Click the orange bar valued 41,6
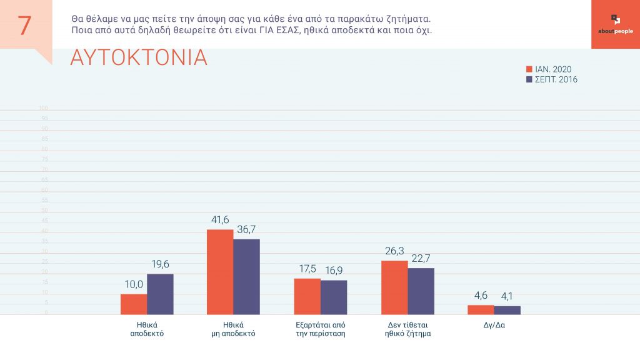pyautogui.click(x=220, y=272)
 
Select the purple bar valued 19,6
pyautogui.click(x=160, y=294)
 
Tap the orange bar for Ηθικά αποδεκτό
pyautogui.click(x=134, y=304)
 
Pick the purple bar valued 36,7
pyautogui.click(x=246, y=277)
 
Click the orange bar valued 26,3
pyautogui.click(x=394, y=287)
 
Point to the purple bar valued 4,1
pyautogui.click(x=507, y=310)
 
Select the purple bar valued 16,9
pyautogui.click(x=334, y=297)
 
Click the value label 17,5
pyautogui.click(x=307, y=270)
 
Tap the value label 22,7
pyautogui.click(x=421, y=259)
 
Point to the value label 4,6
pyautogui.click(x=480, y=296)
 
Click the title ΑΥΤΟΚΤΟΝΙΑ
pyautogui.click(x=139, y=57)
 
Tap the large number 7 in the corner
pyautogui.click(x=25, y=25)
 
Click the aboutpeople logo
pyautogui.click(x=615, y=24)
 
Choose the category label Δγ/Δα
pyautogui.click(x=494, y=325)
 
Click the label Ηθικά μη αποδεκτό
pyautogui.click(x=233, y=329)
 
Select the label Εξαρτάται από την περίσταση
pyautogui.click(x=320, y=329)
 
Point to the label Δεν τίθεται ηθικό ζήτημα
pyautogui.click(x=407, y=329)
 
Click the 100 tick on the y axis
pyautogui.click(x=44, y=109)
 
